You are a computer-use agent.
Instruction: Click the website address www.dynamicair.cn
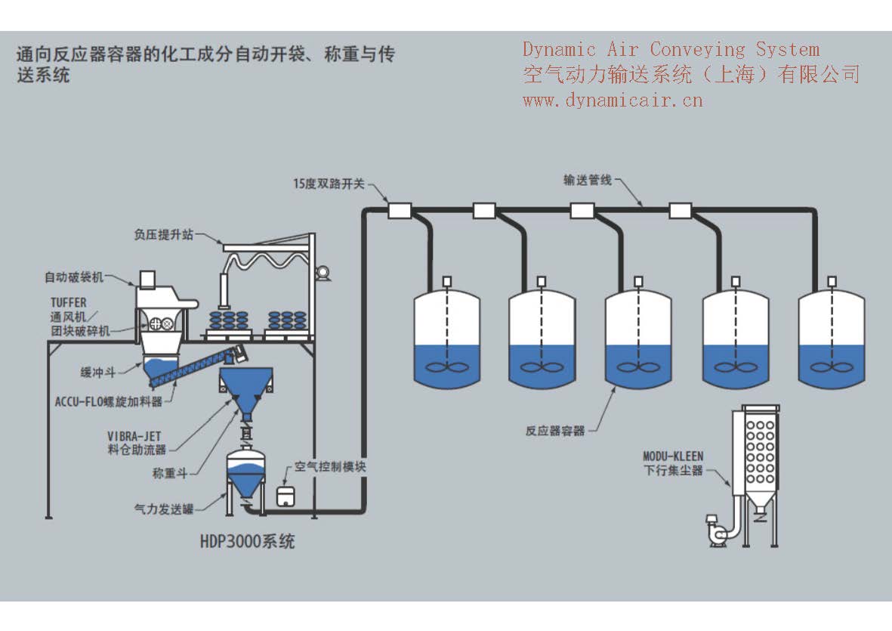pyautogui.click(x=613, y=99)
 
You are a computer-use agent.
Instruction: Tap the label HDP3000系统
pyautogui.click(x=247, y=541)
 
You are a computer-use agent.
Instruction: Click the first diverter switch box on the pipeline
pyautogui.click(x=399, y=210)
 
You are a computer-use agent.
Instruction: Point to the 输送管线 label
pyautogui.click(x=587, y=181)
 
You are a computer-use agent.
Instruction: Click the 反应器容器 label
pyautogui.click(x=555, y=431)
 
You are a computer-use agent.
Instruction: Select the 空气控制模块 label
pyautogui.click(x=330, y=467)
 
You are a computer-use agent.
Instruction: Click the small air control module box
pyautogui.click(x=286, y=496)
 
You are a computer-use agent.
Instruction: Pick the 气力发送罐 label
pyautogui.click(x=161, y=509)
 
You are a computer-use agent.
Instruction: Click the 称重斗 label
pyautogui.click(x=169, y=473)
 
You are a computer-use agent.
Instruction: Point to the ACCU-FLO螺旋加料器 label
pyautogui.click(x=109, y=402)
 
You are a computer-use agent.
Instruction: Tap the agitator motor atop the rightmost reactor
pyautogui.click(x=831, y=281)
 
